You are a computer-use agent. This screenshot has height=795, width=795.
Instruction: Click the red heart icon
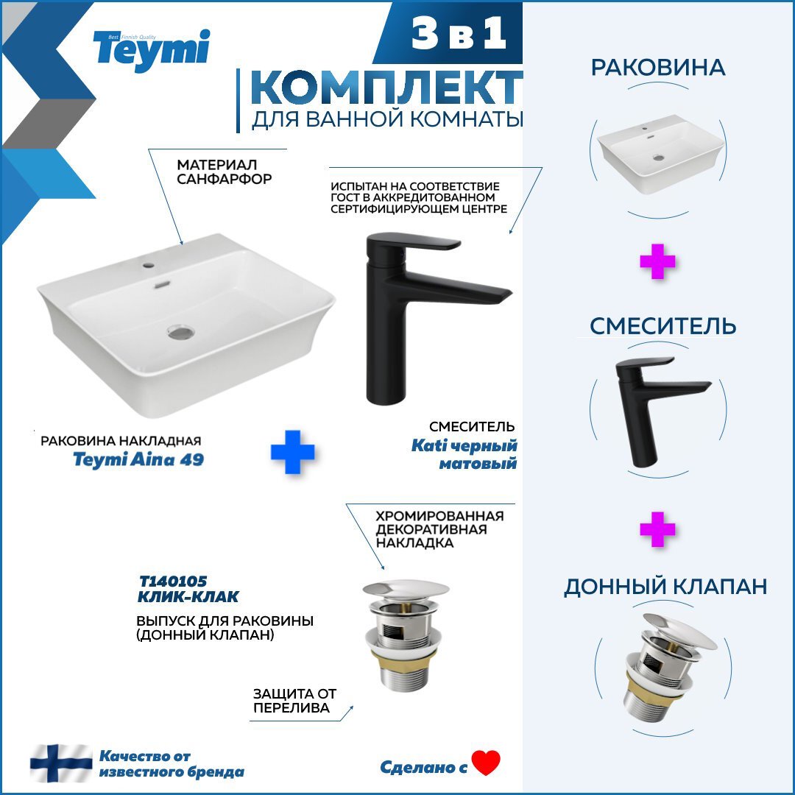tap(486, 763)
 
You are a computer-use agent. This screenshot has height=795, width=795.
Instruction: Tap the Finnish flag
tap(61, 763)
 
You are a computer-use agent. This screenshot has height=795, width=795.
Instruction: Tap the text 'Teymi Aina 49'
tap(138, 460)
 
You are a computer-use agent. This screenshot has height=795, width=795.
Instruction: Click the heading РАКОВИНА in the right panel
tap(658, 68)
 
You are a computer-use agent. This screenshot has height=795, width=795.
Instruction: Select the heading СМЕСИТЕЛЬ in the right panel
tap(662, 326)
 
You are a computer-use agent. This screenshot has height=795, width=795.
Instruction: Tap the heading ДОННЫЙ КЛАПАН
tap(665, 587)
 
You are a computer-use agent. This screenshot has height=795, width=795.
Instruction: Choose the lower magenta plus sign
tap(657, 530)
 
